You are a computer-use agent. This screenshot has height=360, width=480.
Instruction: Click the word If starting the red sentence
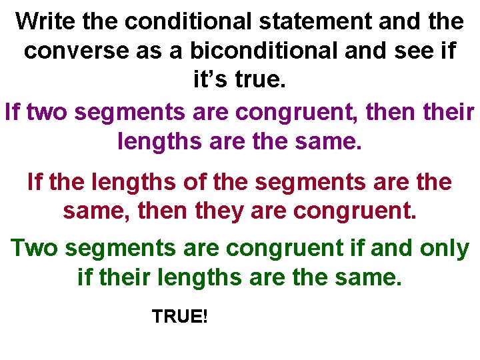34,181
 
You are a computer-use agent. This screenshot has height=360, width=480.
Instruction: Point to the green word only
445,248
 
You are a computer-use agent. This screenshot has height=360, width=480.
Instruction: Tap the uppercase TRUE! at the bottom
180,316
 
